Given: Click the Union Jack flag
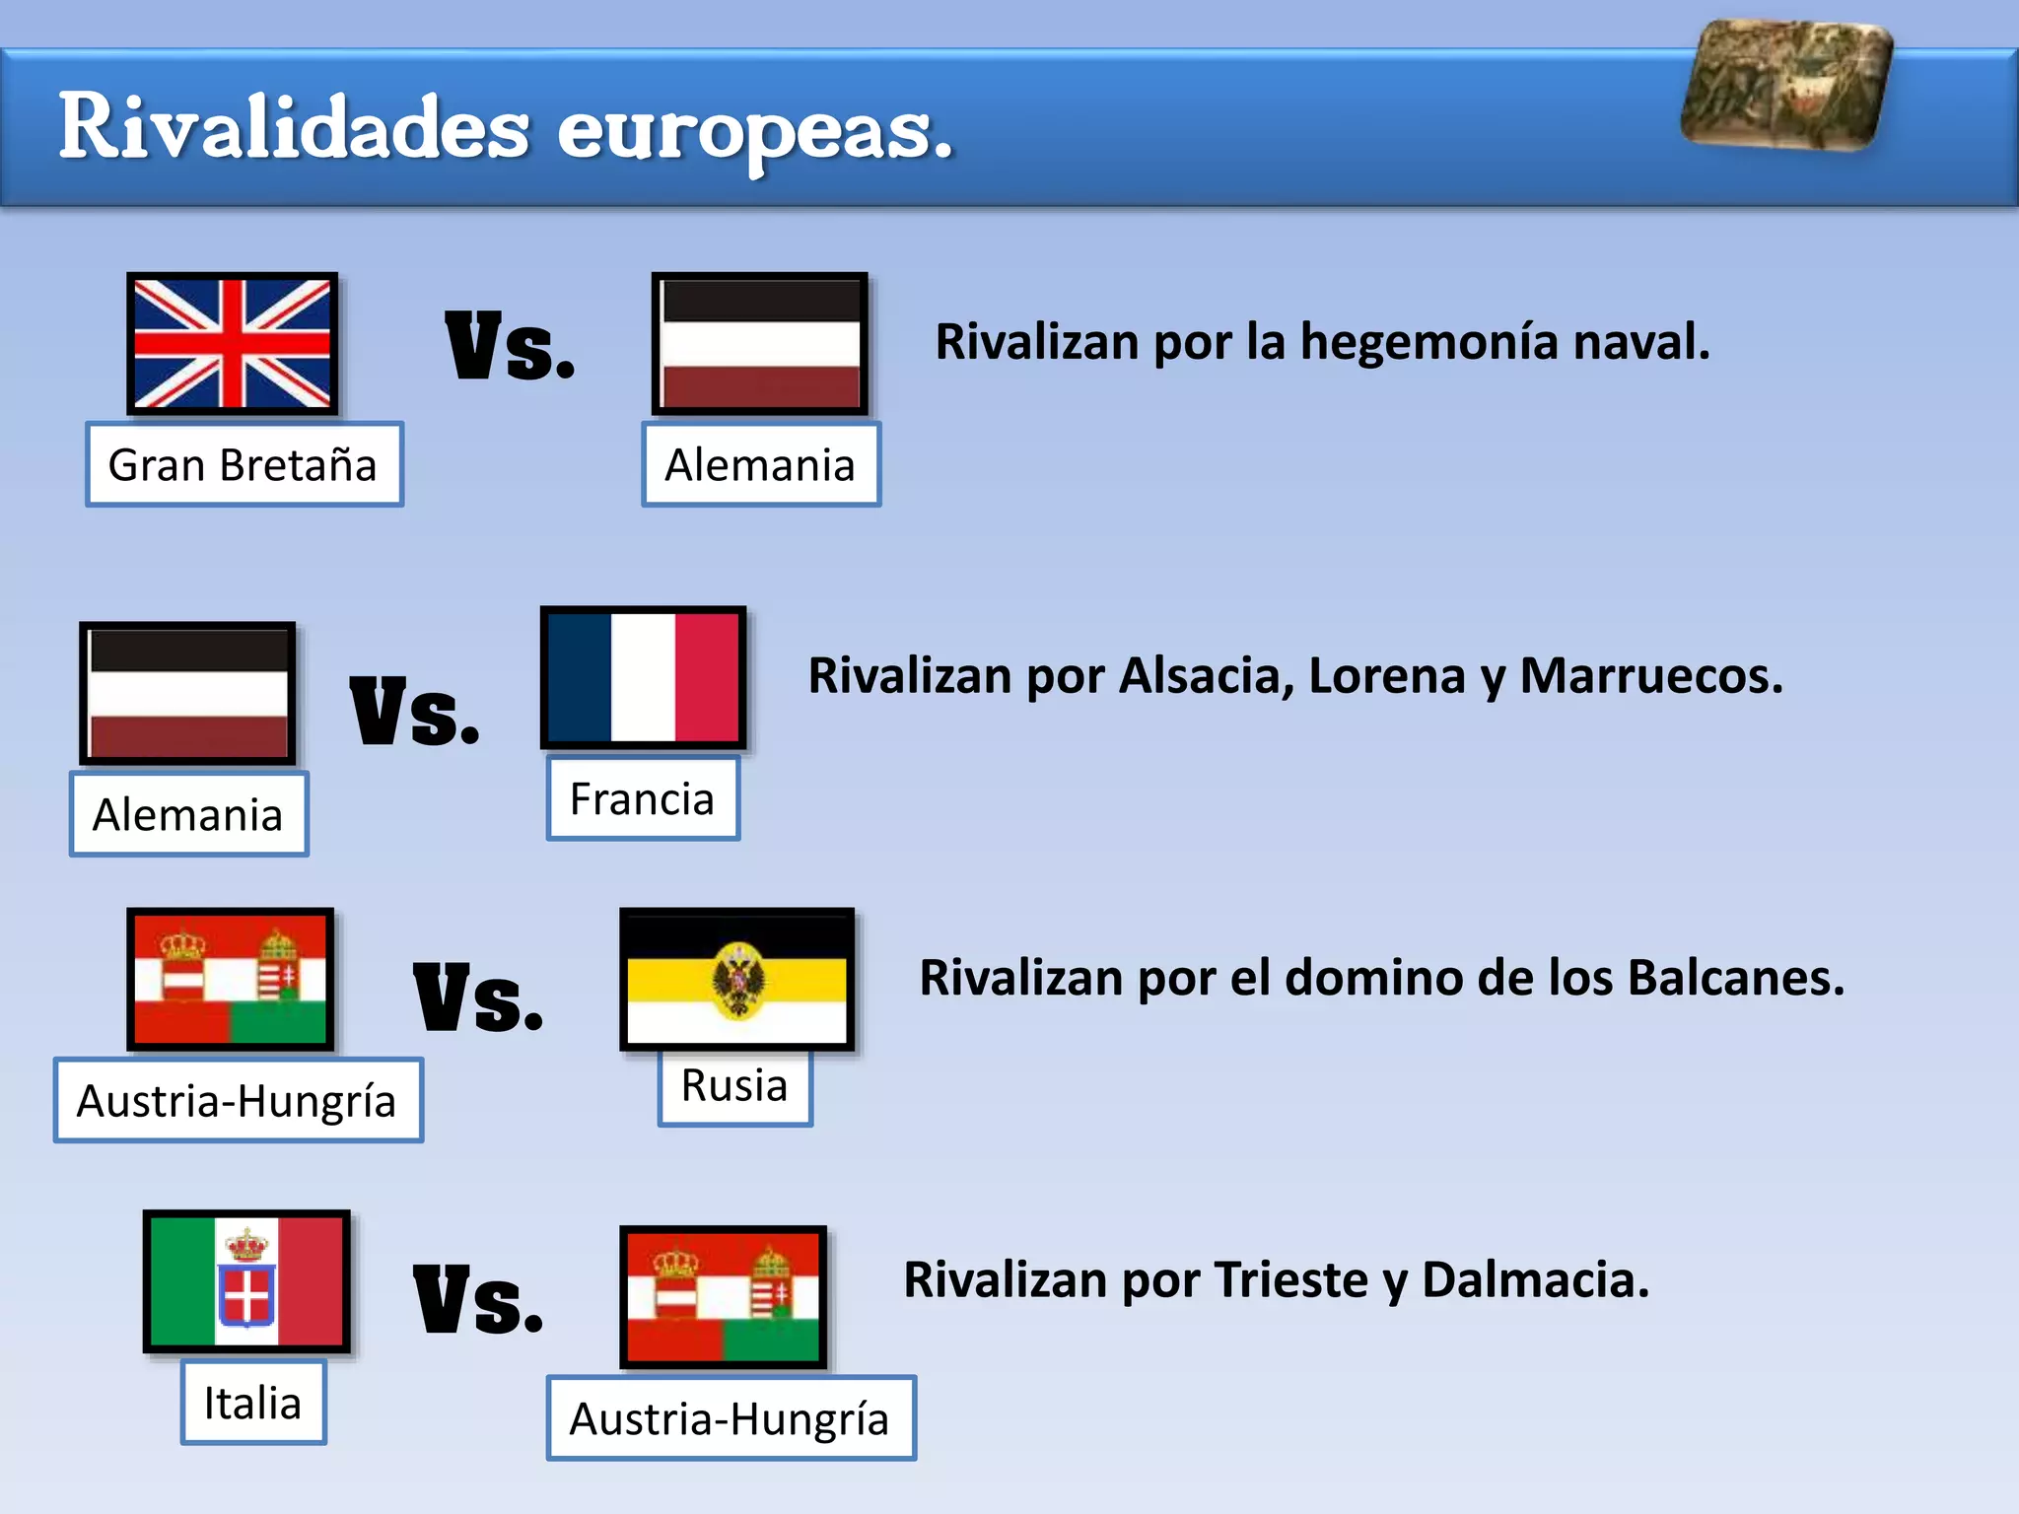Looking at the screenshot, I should (x=233, y=343).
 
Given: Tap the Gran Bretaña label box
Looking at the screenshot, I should (x=244, y=464).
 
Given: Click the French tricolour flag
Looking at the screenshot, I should (x=643, y=677).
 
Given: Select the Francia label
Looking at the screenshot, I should (x=643, y=798).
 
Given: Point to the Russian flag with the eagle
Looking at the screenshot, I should (x=736, y=979).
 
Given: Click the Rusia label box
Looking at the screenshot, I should (x=734, y=1086).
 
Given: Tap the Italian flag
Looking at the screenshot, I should (x=246, y=1280).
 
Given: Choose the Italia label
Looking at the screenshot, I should (x=253, y=1403).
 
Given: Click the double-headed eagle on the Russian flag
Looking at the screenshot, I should (x=737, y=980).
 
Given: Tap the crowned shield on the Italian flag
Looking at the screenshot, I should (x=246, y=1278).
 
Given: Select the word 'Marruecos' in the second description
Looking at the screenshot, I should (x=1650, y=676).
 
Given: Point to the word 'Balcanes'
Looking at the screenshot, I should (x=1735, y=978).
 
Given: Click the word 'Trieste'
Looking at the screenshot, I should (x=1291, y=1279).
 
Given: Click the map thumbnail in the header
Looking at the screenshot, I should (x=1786, y=85).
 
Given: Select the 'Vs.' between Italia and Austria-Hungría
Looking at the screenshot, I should (x=478, y=1300).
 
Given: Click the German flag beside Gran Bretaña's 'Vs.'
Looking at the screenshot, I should (x=759, y=343).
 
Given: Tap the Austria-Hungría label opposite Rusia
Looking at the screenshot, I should (x=238, y=1101).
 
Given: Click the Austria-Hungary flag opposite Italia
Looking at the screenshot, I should (x=723, y=1297).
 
